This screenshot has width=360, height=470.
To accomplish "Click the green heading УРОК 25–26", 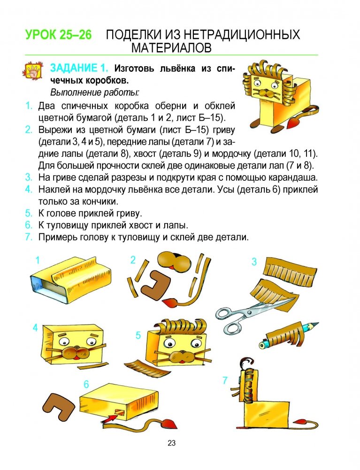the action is [x=59, y=35].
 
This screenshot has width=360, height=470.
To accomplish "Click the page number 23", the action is [x=171, y=443].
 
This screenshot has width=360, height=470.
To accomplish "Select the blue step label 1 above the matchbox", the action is [x=38, y=260].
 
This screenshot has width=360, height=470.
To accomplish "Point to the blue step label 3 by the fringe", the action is [x=254, y=262].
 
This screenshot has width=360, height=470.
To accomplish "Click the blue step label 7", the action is [x=225, y=380].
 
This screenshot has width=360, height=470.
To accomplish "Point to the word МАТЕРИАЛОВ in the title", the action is [x=171, y=48].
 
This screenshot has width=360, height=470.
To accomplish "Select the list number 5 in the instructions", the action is [x=29, y=214].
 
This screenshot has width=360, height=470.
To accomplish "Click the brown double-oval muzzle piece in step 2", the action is [x=174, y=262].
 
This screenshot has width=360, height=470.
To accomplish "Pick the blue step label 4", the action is [x=35, y=327].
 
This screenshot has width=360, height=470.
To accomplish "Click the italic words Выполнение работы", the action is [x=94, y=92].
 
